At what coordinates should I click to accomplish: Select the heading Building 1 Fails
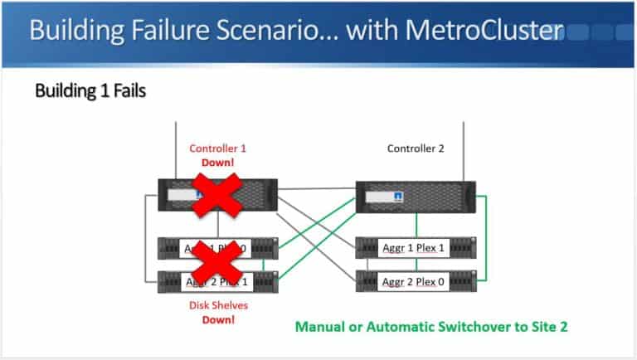click(x=90, y=90)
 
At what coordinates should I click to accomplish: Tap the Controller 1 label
click(x=218, y=148)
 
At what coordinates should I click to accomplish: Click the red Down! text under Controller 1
click(x=218, y=163)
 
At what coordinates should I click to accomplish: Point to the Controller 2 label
click(x=416, y=148)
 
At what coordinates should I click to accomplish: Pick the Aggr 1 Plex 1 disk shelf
click(x=414, y=247)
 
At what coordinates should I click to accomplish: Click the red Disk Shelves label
click(x=218, y=305)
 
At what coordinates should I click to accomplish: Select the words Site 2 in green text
click(x=550, y=326)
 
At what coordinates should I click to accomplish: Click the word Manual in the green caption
click(x=320, y=326)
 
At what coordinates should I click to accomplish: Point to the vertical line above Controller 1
click(x=177, y=149)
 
